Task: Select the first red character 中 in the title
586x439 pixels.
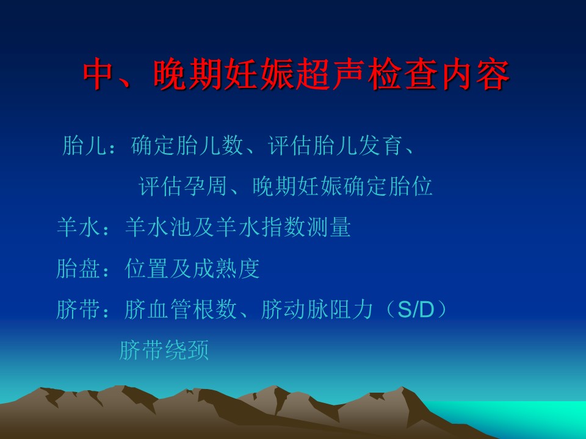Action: coord(99,74)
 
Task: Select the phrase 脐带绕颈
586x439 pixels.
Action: coord(164,350)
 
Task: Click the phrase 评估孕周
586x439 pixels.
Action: coord(183,186)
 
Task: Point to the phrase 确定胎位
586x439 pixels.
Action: coord(388,186)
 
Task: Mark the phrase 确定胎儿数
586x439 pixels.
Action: coord(187,145)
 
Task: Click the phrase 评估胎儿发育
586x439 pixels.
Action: coord(335,145)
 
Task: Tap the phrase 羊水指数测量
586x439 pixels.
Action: coord(283,227)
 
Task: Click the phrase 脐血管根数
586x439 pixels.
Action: coord(181,310)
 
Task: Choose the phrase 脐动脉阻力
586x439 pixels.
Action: coord(317,310)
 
